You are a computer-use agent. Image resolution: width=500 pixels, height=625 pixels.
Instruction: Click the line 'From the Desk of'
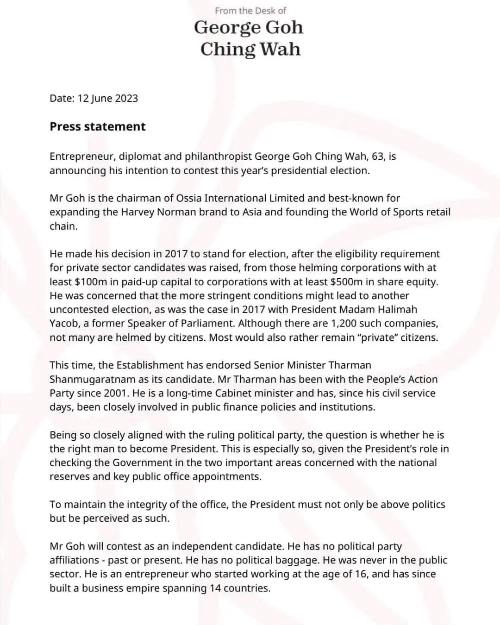250,10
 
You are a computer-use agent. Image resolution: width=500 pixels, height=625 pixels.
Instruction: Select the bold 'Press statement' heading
97,126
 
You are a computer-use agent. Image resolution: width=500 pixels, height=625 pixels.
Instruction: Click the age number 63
377,156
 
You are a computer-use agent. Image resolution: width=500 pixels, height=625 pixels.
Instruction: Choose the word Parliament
206,323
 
